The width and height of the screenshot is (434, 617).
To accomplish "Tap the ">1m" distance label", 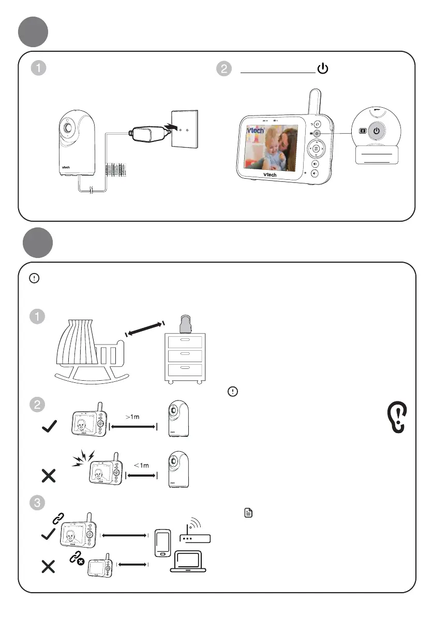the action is coord(133,416).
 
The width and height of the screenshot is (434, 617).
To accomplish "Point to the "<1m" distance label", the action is coord(141,465).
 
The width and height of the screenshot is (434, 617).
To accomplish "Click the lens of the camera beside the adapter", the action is coord(68,127).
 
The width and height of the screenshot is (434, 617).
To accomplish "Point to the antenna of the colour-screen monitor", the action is coord(313,103).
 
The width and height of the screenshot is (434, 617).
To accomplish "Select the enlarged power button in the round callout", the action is coord(377,131).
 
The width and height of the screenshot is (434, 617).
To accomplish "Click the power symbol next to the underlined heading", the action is coord(322,69).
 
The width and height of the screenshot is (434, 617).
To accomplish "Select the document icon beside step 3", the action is coord(248,513).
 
